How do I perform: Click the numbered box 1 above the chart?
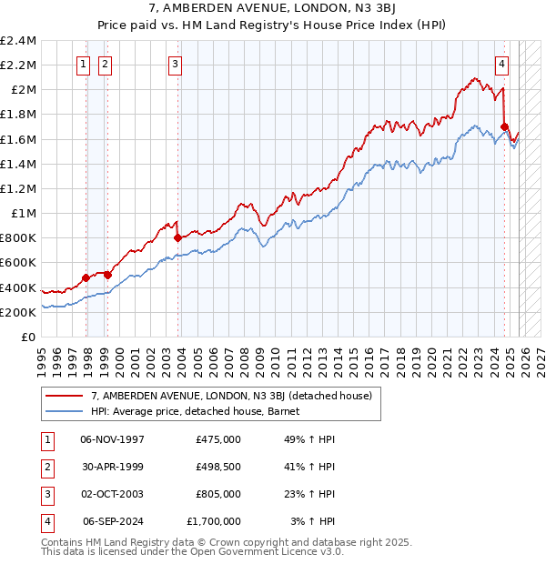(84, 64)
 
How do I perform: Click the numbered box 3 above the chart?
(174, 64)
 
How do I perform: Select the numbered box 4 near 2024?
(501, 64)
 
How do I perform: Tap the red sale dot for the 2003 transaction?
(177, 237)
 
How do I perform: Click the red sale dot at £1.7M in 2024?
(504, 126)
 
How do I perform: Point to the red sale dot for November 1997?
(86, 277)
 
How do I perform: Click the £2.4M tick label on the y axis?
(18, 41)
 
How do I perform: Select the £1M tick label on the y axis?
(23, 214)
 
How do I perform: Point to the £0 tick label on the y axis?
(28, 337)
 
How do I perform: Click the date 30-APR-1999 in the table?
(113, 466)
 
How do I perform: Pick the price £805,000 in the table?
(217, 494)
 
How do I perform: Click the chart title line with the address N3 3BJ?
(272, 9)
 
